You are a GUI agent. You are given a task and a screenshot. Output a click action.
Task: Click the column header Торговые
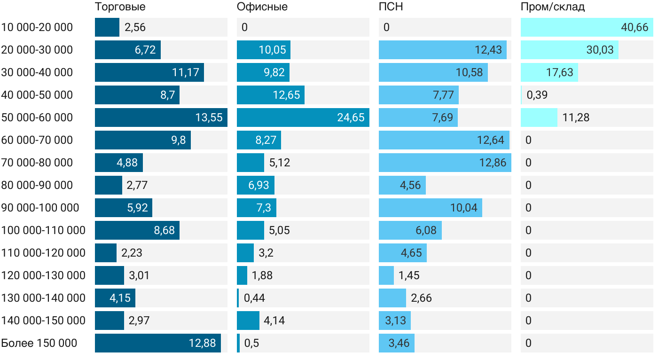(x=120, y=7)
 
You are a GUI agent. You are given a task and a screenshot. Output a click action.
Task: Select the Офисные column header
(x=262, y=7)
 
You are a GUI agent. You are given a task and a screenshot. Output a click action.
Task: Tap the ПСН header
(x=391, y=7)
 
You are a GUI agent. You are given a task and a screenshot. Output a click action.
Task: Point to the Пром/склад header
(x=553, y=7)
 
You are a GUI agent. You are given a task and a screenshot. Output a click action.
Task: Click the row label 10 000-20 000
(x=37, y=27)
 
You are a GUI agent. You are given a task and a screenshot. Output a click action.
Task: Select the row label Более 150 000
(x=39, y=343)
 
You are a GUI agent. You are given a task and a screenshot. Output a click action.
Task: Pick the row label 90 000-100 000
(x=40, y=208)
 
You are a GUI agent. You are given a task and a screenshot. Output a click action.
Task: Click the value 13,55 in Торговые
(x=209, y=117)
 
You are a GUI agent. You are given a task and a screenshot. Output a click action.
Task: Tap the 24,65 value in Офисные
(x=351, y=117)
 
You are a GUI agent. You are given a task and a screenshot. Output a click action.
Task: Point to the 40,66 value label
(x=634, y=27)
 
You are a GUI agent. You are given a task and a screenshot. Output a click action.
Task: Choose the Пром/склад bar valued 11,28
(x=539, y=117)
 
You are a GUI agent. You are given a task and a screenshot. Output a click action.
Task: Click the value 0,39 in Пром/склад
(x=537, y=95)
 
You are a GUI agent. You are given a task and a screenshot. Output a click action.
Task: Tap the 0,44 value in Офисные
(x=254, y=298)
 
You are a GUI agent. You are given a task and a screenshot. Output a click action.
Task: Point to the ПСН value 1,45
(x=409, y=275)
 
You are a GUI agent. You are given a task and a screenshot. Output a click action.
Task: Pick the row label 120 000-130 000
(x=44, y=275)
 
